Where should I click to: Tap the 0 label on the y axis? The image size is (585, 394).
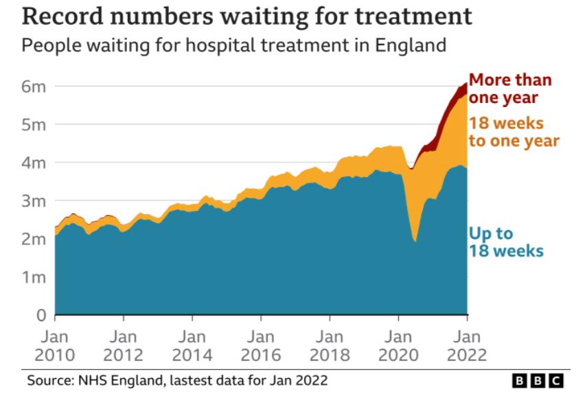pyautogui.click(x=40, y=316)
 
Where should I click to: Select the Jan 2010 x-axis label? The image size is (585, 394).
pyautogui.click(x=55, y=346)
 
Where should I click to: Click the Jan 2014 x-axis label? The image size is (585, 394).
pyautogui.click(x=192, y=346)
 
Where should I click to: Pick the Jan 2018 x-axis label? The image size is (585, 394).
pyautogui.click(x=330, y=346)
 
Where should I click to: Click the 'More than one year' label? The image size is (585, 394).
pyautogui.click(x=509, y=89)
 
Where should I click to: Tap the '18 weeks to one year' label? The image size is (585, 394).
pyautogui.click(x=514, y=132)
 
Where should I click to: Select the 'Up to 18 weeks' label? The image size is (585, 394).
pyautogui.click(x=505, y=242)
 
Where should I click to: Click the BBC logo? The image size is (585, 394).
pyautogui.click(x=538, y=380)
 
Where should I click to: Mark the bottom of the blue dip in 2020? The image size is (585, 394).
pyautogui.click(x=415, y=241)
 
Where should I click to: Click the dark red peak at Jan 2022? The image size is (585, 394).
pyautogui.click(x=466, y=86)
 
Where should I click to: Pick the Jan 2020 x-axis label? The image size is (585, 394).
pyautogui.click(x=398, y=346)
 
